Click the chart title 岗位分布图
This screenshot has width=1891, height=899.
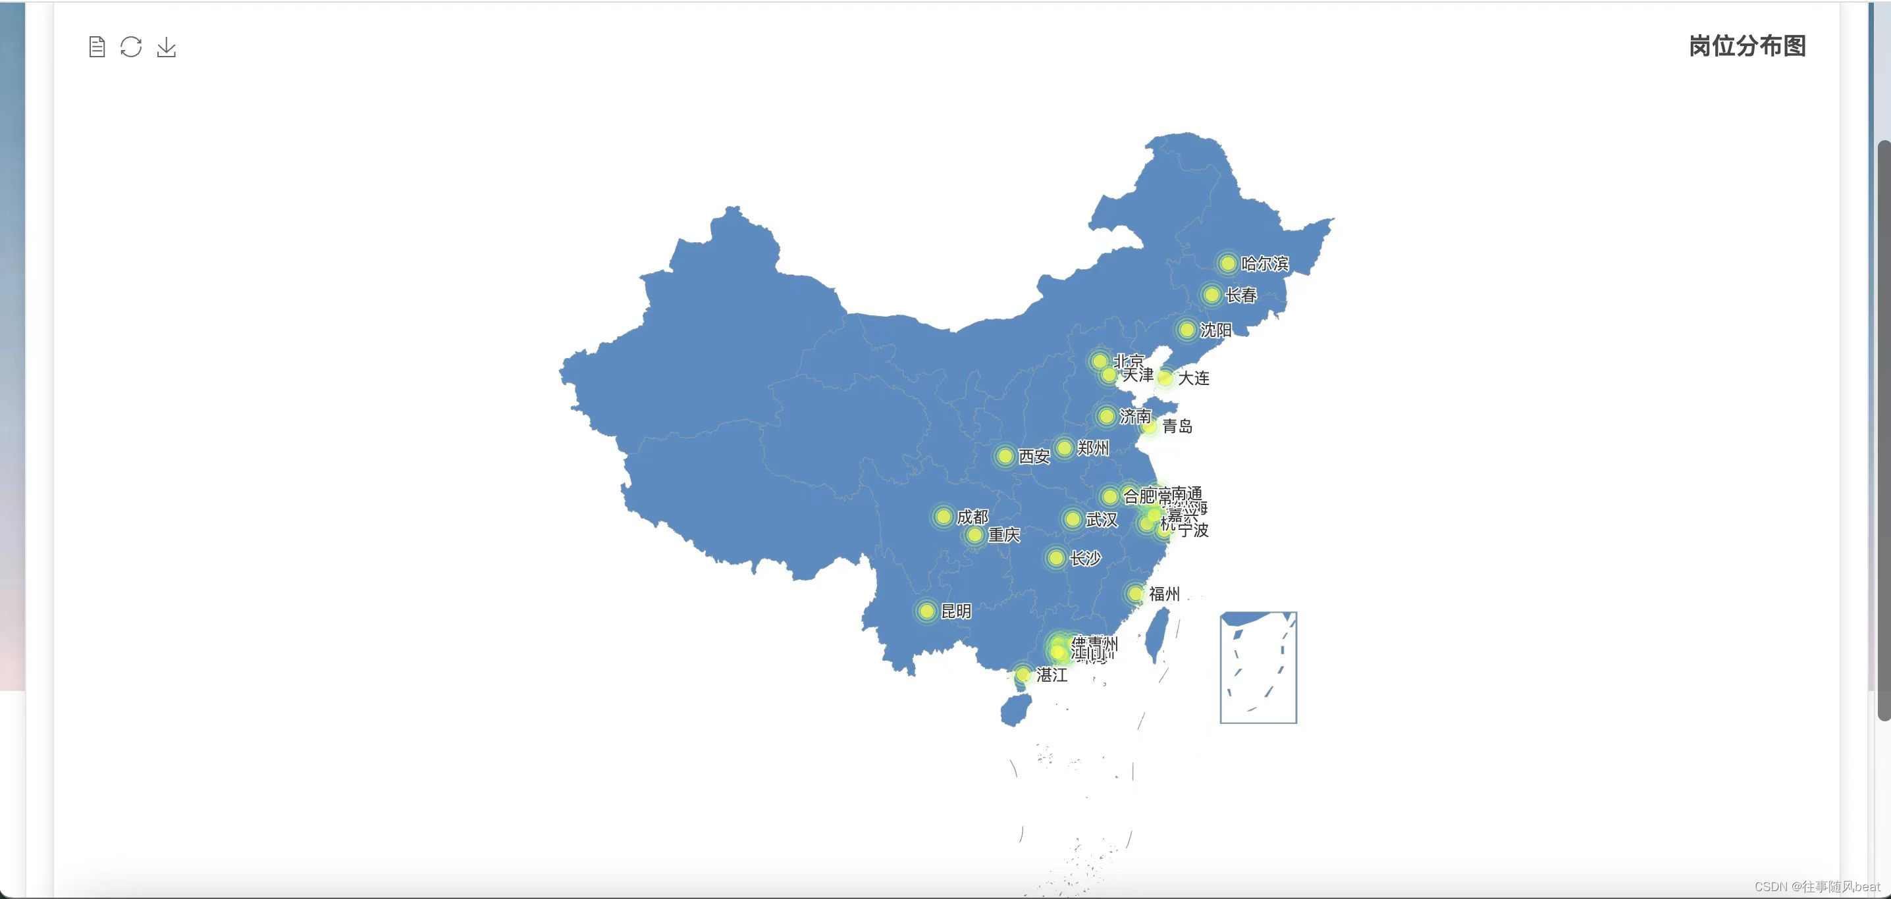pyautogui.click(x=1746, y=46)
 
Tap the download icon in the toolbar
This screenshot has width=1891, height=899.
pyautogui.click(x=167, y=47)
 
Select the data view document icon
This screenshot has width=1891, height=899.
pyautogui.click(x=97, y=47)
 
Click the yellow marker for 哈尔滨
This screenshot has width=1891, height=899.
pyautogui.click(x=1227, y=263)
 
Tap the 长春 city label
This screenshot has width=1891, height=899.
pyautogui.click(x=1241, y=295)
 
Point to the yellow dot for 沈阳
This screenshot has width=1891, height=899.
pyautogui.click(x=1186, y=330)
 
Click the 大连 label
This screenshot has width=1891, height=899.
pyautogui.click(x=1194, y=378)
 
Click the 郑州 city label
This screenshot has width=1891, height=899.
pyautogui.click(x=1093, y=448)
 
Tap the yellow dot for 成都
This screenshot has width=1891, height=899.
pyautogui.click(x=944, y=517)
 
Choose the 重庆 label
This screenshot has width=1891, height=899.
pyautogui.click(x=1003, y=535)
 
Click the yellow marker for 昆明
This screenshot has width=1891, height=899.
pyautogui.click(x=926, y=611)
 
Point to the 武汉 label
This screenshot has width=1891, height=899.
pyautogui.click(x=1101, y=519)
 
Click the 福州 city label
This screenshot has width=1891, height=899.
pyautogui.click(x=1164, y=594)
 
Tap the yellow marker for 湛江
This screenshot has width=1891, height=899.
pyautogui.click(x=1023, y=675)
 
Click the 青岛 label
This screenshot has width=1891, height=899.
pyautogui.click(x=1177, y=426)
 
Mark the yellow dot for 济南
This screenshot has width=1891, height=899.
pyautogui.click(x=1106, y=416)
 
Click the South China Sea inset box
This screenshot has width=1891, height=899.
pyautogui.click(x=1258, y=667)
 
